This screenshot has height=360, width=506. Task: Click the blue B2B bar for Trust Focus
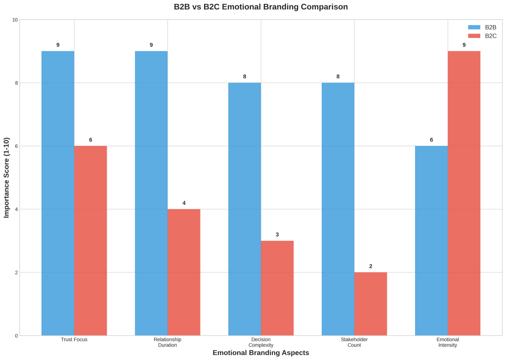point(58,193)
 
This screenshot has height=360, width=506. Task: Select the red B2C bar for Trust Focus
point(90,240)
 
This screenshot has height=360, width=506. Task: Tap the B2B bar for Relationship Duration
point(151,193)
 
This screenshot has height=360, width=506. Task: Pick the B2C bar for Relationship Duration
point(184,272)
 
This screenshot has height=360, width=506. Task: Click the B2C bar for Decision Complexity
point(277,288)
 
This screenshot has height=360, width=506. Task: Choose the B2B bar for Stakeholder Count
point(338,209)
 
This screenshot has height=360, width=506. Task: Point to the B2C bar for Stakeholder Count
point(371,304)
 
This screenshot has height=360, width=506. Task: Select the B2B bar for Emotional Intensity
point(431,240)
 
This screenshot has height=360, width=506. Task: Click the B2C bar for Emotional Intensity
point(464,193)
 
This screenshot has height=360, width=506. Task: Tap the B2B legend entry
point(482,27)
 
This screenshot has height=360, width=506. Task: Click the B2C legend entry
point(482,36)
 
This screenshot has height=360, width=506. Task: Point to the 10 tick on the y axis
point(15,20)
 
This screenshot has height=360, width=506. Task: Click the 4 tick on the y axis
point(16,209)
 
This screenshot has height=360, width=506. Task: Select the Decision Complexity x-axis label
point(261,342)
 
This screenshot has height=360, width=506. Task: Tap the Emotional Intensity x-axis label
point(448,342)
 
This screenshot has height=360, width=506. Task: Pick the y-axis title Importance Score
point(6,178)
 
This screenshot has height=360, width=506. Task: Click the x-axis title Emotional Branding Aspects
point(261,353)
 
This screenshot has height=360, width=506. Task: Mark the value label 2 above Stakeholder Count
point(371,266)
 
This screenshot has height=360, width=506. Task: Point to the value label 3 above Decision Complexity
point(277,234)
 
